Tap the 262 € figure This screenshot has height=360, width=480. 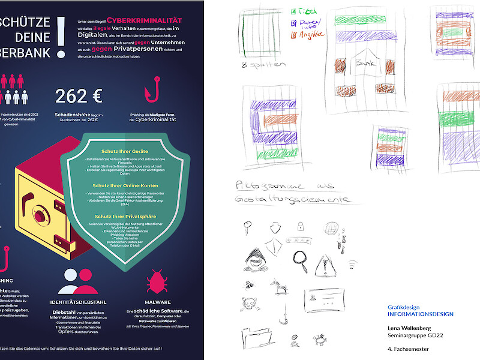pos(79,96)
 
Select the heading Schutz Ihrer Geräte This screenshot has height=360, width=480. pos(125,151)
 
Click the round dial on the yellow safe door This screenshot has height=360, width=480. pos(38,215)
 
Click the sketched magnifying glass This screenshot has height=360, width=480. pos(299,259)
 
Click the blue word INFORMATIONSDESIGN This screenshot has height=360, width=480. pos(420,314)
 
